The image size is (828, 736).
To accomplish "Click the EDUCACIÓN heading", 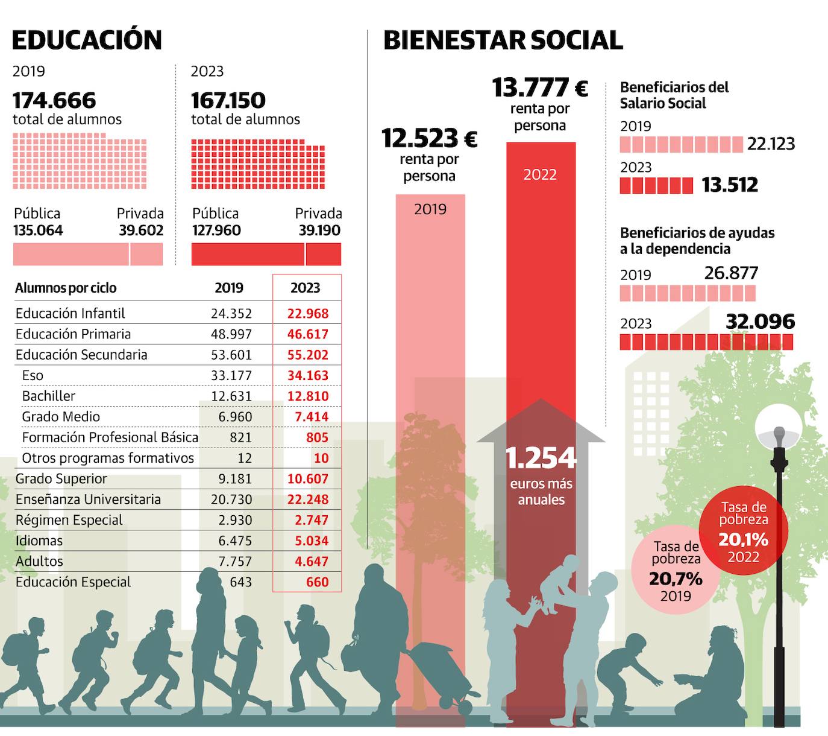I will tap(87, 40).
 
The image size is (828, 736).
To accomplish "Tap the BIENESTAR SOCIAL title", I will tap(503, 40).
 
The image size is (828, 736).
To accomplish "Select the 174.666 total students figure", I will tap(54, 100).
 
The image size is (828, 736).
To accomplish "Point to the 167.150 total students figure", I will tap(228, 100).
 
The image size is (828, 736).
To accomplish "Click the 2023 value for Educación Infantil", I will tap(307, 314).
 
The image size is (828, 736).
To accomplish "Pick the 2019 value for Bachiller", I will tap(231, 396).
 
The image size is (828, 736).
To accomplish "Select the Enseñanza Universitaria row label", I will tap(88, 500).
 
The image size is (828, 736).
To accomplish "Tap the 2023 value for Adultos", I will tap(311, 562).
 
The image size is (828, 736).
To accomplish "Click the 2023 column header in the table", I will tap(305, 288).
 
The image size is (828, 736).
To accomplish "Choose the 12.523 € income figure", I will tap(429, 139).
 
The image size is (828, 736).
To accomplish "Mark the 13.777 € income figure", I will tap(540, 88).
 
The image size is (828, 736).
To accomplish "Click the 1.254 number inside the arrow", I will tap(541, 458).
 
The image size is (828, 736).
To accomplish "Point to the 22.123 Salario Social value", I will tap(771, 144).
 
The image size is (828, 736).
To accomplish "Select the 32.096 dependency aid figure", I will tap(760, 322).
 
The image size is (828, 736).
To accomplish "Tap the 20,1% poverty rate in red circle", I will tap(743, 539).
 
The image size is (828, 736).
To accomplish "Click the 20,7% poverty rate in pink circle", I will tap(676, 579).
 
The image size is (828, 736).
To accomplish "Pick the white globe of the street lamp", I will tap(779, 426).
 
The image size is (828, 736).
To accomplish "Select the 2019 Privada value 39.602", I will tap(141, 230).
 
